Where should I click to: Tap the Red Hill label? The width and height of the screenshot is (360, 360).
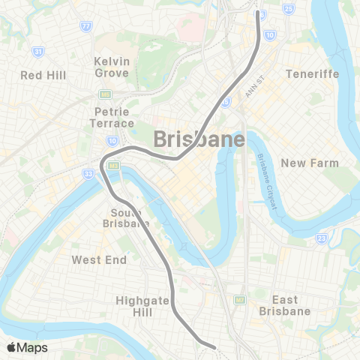[43, 75]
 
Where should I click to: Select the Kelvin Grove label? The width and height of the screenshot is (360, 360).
[112, 67]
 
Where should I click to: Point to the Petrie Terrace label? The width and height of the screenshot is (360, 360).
[112, 117]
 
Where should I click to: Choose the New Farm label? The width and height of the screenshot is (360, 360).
[310, 163]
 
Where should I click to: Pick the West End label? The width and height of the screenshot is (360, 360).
[96, 259]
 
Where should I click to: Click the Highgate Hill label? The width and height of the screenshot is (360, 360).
[139, 305]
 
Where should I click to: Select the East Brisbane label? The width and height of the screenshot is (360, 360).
[284, 304]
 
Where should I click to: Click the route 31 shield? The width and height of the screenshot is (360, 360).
[37, 51]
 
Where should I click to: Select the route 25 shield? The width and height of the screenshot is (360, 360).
[289, 9]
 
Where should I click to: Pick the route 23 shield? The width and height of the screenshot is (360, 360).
[320, 238]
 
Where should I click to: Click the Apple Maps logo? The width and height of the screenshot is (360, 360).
[26, 347]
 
